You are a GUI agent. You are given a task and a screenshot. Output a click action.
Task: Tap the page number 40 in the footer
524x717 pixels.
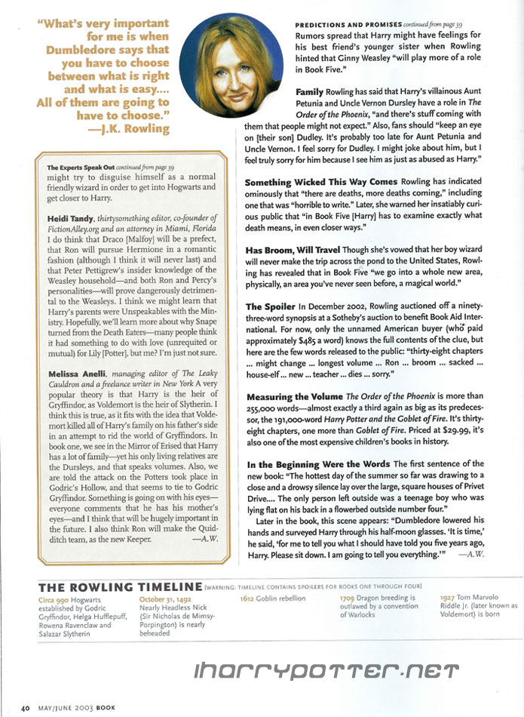click(x=25, y=708)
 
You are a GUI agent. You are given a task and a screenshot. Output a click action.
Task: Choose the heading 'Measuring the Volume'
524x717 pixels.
click(x=294, y=396)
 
